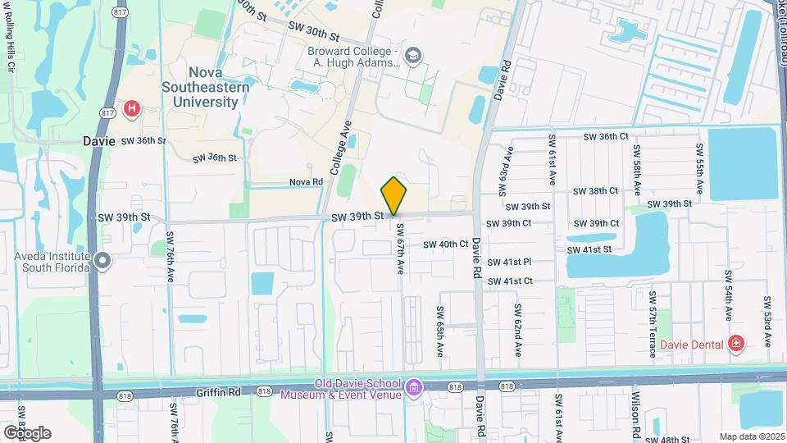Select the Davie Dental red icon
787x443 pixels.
coord(735,343)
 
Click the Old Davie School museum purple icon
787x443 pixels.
coord(415,386)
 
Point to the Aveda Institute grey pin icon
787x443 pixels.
coord(102,261)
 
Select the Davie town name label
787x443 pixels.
coord(99,140)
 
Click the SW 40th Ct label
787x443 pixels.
coord(446,244)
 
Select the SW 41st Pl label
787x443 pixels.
coord(509,262)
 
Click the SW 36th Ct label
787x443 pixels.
coord(606,136)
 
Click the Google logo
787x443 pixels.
coord(27,432)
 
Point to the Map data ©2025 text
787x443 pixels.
coord(752,436)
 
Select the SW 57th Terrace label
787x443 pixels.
coord(653,324)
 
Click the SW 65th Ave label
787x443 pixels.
coord(439,331)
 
